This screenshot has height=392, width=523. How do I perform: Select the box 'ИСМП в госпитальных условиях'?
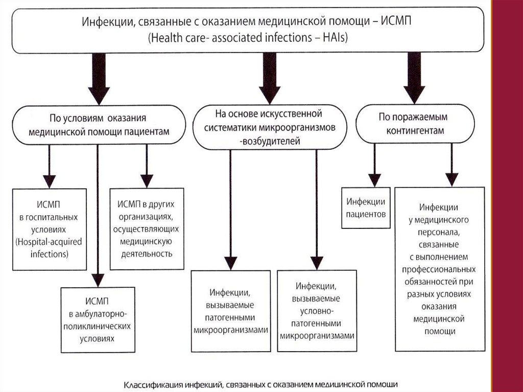(x=49, y=229)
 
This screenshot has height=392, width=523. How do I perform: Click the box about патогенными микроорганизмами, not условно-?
(x=231, y=311)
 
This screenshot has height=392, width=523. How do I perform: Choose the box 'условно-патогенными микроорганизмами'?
(x=317, y=311)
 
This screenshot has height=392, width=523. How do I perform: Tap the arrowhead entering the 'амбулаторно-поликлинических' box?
(x=97, y=280)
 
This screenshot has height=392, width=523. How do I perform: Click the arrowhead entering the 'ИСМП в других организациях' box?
(x=147, y=180)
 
